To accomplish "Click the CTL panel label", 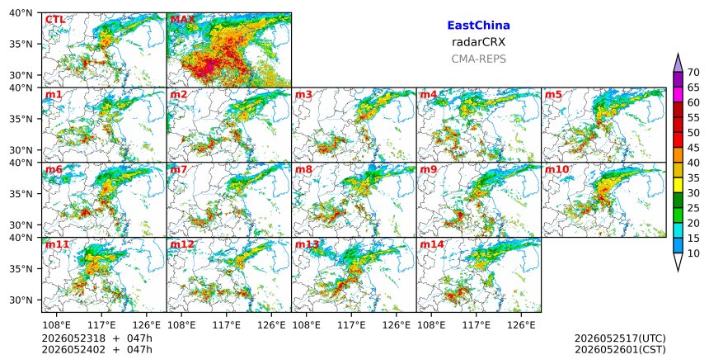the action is [x=55, y=20].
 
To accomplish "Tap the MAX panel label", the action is [x=182, y=20].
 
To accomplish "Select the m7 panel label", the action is [x=179, y=170].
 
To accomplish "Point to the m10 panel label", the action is [x=557, y=170].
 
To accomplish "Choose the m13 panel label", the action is [x=307, y=244].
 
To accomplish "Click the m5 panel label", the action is [x=553, y=95].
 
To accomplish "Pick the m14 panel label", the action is [x=432, y=244].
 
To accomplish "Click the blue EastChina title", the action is [x=478, y=26].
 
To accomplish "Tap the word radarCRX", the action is [x=478, y=43].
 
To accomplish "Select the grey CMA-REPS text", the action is [x=478, y=59].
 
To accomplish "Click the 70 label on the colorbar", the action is [x=693, y=73].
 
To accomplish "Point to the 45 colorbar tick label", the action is [x=693, y=148].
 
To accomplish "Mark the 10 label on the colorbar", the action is [x=693, y=253].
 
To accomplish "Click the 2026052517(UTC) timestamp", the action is [x=620, y=338].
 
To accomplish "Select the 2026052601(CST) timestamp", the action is [x=620, y=349].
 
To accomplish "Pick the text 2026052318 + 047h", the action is [x=96, y=338].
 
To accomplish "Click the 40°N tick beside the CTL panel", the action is [x=21, y=13].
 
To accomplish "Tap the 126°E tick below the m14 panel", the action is [x=521, y=325].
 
